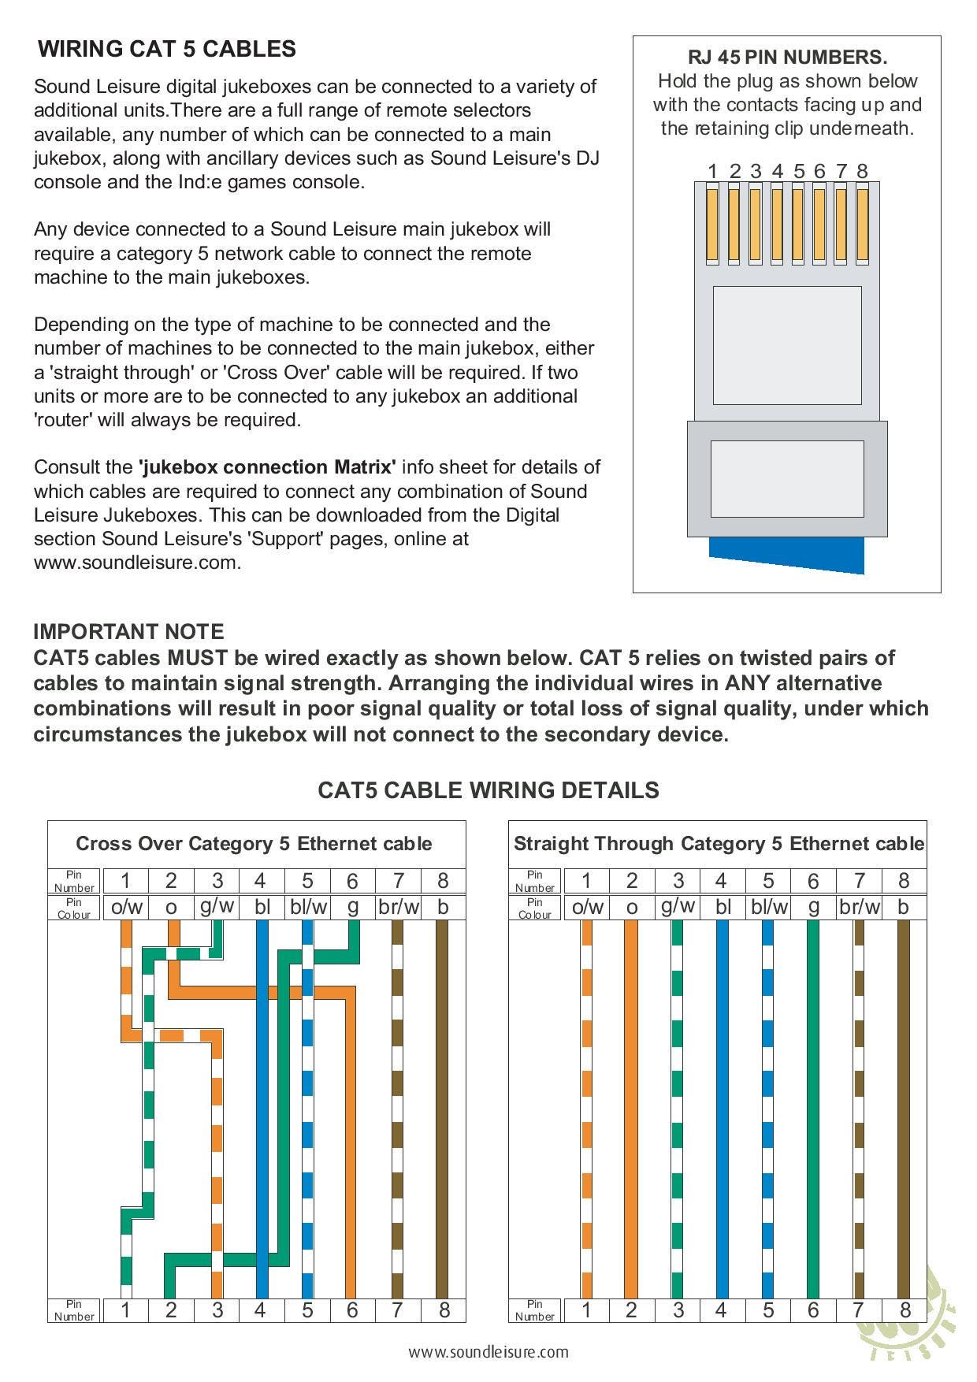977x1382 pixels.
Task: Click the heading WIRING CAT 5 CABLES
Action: coord(167,49)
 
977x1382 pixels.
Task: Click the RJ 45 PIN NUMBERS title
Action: coord(787,58)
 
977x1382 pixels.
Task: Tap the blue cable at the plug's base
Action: coord(786,555)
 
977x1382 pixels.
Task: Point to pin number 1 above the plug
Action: coord(712,171)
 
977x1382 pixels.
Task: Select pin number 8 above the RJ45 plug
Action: coord(862,171)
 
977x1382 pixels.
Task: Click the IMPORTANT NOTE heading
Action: coord(128,632)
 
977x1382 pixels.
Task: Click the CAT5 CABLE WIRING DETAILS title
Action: coord(489,790)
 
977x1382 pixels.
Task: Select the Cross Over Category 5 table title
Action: coord(254,844)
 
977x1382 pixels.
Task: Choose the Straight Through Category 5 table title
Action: coord(719,844)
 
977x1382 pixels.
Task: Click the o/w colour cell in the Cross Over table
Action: coord(127,907)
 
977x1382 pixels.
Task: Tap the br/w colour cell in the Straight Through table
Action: coord(860,907)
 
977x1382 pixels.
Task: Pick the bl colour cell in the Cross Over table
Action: coord(262,907)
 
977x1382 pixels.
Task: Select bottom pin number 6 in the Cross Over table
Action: coord(352,1310)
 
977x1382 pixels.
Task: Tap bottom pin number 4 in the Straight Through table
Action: coord(721,1310)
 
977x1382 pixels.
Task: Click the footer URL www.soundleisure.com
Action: coord(489,1352)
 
